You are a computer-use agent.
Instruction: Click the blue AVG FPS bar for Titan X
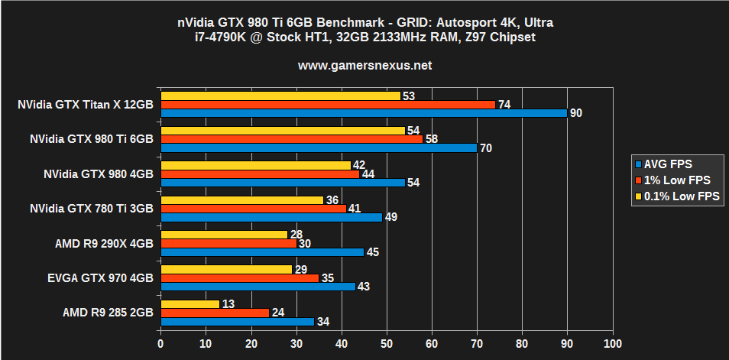click(x=363, y=113)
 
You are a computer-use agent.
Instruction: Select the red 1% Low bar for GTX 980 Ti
click(x=291, y=139)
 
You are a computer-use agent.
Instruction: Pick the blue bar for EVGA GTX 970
click(x=258, y=287)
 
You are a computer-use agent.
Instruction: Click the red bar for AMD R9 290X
click(x=228, y=244)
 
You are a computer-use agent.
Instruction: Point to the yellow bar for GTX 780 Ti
click(x=241, y=200)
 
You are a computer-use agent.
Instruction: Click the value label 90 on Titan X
click(x=576, y=113)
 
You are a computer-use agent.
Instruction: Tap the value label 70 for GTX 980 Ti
click(x=485, y=148)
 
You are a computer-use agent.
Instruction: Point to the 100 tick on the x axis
click(x=612, y=345)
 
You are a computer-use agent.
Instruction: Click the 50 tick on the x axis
click(x=387, y=345)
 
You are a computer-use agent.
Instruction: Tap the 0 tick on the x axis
click(x=160, y=345)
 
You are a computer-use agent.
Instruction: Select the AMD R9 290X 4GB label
click(x=104, y=244)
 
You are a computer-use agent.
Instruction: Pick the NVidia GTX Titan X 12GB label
click(x=86, y=105)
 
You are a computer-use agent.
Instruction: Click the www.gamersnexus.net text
click(x=364, y=66)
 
